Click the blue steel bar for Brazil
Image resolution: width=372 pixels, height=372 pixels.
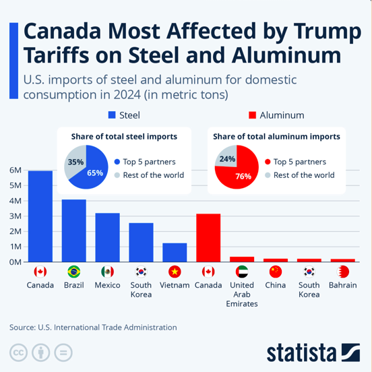73,230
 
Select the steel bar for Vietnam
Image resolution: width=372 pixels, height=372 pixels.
175,253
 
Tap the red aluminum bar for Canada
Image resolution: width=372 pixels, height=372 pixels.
208,238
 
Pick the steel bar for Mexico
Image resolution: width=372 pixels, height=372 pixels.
107,237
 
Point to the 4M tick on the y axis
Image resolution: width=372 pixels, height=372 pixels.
15,201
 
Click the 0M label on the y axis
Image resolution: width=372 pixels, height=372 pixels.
15,262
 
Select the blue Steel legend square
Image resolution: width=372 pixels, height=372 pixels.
112,115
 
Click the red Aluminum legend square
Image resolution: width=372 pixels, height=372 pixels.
252,115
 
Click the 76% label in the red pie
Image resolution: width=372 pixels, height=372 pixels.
243,177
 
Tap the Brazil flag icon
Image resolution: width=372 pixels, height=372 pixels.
73,272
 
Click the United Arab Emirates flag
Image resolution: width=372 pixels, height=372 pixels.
242,272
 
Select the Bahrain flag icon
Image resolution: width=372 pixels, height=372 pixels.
343,272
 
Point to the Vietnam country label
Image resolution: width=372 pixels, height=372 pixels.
175,285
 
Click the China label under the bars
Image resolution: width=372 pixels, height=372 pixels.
276,285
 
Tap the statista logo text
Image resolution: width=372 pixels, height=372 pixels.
301,352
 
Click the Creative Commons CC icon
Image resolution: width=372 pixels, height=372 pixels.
18,352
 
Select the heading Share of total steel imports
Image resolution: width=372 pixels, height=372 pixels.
124,137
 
